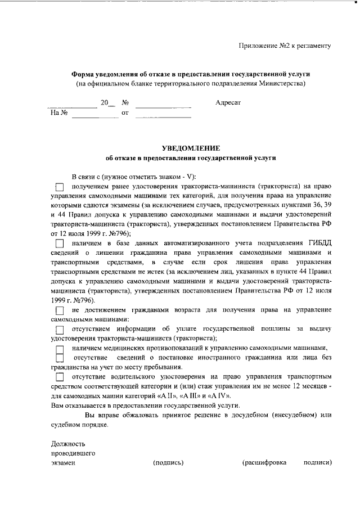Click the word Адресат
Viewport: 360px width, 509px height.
coord(228,103)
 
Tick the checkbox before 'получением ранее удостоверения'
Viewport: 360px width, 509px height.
coord(60,186)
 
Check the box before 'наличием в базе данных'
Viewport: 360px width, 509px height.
coord(60,243)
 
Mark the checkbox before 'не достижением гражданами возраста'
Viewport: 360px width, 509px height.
coord(60,310)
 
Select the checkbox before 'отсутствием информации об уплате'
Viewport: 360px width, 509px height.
coord(60,329)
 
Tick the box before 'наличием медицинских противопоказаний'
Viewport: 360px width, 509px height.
coord(60,349)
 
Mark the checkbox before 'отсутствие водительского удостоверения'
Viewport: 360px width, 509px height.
coord(60,377)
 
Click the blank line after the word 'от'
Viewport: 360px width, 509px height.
coord(163,114)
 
